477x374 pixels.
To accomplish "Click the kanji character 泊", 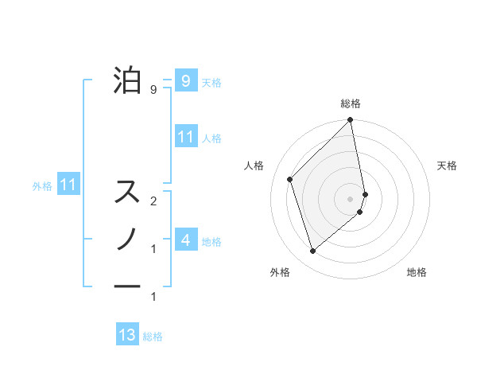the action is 128,80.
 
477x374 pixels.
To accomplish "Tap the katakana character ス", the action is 128,192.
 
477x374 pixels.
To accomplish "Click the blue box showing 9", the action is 185,80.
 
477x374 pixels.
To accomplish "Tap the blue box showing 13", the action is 127,335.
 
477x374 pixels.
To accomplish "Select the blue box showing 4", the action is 185,240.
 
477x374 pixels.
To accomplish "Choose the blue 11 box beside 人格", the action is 185,136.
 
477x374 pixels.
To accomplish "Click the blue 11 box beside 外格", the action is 68,185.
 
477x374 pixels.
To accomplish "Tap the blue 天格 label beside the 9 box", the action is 211,83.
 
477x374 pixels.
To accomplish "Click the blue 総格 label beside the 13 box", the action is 153,337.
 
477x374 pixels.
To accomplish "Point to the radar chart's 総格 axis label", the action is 351,103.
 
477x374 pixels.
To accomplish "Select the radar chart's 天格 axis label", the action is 448,166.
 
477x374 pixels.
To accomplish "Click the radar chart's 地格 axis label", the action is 417,272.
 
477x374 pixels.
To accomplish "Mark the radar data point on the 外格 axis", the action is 313,251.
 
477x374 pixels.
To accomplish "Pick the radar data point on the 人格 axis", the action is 290,179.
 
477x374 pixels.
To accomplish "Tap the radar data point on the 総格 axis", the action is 351,121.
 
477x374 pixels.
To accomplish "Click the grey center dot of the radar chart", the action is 351,198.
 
